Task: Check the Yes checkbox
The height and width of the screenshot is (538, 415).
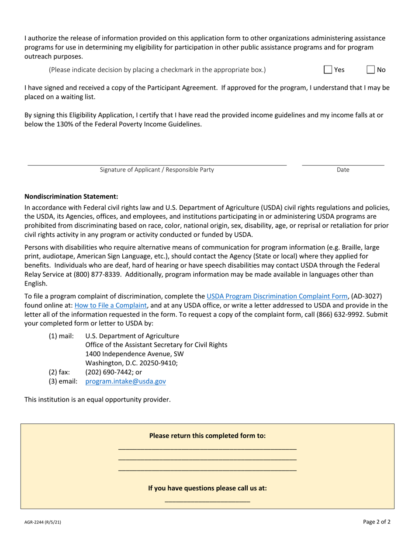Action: (328, 70)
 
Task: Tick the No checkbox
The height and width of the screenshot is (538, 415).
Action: (370, 70)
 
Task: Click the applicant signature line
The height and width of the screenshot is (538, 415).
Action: (157, 163)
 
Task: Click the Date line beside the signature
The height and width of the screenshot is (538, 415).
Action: (343, 163)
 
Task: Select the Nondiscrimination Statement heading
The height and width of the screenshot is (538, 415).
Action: (71, 196)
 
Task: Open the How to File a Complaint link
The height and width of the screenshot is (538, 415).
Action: (111, 305)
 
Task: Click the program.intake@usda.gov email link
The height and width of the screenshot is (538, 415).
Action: (125, 381)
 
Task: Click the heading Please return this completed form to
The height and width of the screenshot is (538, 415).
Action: (207, 436)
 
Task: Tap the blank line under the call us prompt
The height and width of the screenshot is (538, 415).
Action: (207, 500)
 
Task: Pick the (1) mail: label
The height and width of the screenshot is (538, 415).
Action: (61, 336)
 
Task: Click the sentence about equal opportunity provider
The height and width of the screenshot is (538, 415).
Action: (97, 399)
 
